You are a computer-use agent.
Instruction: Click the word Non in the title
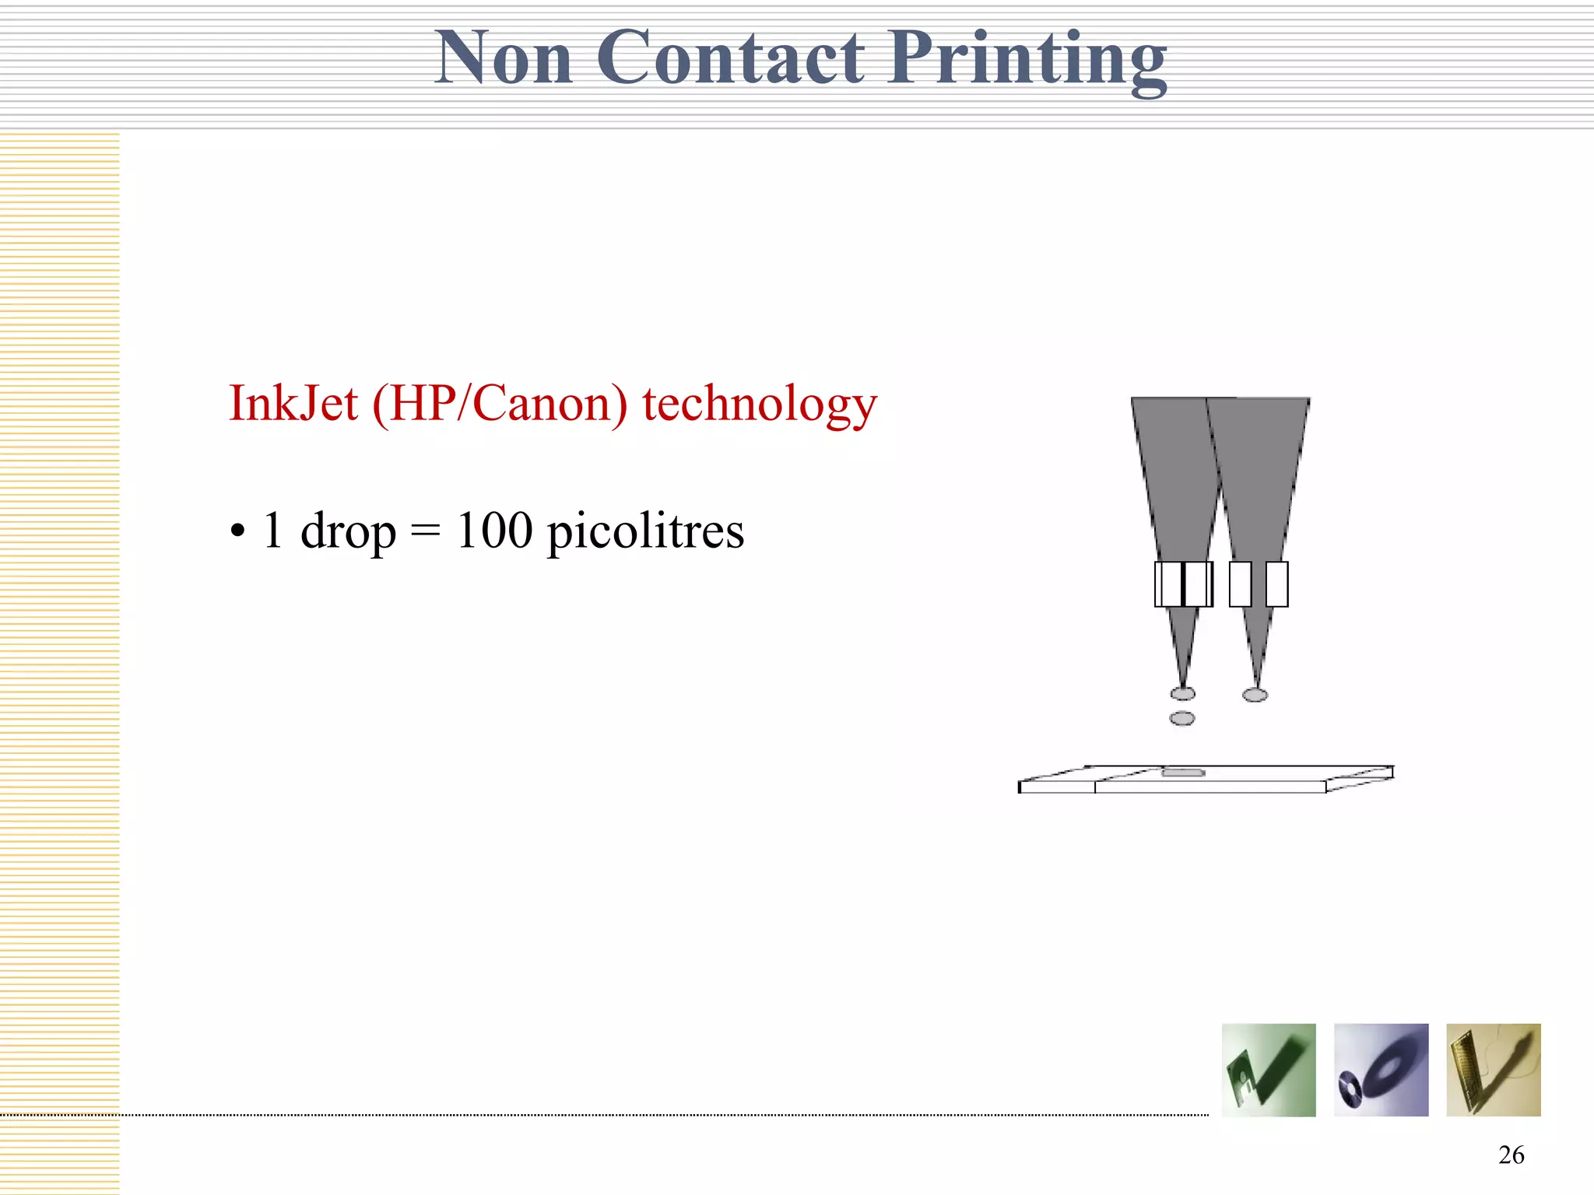pyautogui.click(x=504, y=58)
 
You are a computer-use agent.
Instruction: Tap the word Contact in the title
pyautogui.click(x=730, y=58)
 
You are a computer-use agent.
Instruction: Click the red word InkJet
pyautogui.click(x=293, y=404)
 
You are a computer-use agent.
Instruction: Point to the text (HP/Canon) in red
pyautogui.click(x=500, y=405)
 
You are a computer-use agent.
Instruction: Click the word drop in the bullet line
pyautogui.click(x=348, y=532)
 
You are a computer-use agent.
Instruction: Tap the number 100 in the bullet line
pyautogui.click(x=494, y=531)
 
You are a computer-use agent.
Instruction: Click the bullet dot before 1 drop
pyautogui.click(x=237, y=533)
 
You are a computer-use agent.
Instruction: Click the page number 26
pyautogui.click(x=1511, y=1155)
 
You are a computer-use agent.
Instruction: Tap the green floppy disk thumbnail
pyautogui.click(x=1269, y=1071)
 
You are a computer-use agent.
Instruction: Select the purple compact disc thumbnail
pyautogui.click(x=1381, y=1071)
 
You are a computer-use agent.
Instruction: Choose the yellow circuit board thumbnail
pyautogui.click(x=1493, y=1071)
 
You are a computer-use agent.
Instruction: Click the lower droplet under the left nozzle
pyautogui.click(x=1182, y=718)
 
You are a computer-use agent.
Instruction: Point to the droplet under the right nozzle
pyautogui.click(x=1255, y=695)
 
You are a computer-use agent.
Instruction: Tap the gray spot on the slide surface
pyautogui.click(x=1183, y=773)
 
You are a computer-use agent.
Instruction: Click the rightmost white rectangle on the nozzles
pyautogui.click(x=1276, y=584)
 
